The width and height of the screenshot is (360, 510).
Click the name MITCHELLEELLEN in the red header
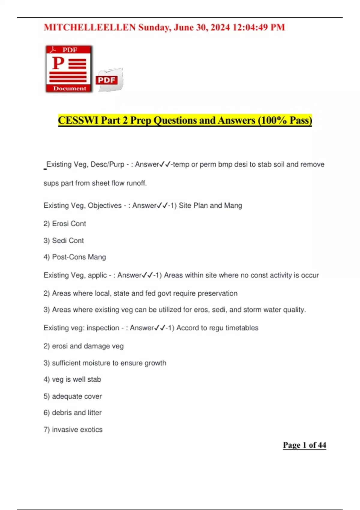pos(90,28)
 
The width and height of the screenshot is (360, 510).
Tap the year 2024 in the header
pos(220,28)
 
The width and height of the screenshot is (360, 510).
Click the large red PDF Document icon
pos(69,69)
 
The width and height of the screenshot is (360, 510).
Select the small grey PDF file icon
pos(109,79)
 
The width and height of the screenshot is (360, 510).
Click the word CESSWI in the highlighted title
pos(78,120)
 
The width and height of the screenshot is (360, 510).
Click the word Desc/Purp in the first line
pos(107,164)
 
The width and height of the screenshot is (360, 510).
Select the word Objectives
pos(105,205)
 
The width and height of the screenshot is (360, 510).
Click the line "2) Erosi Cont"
pos(65,224)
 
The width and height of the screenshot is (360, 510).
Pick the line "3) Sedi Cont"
pos(64,241)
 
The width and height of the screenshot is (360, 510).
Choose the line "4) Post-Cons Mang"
pos(75,257)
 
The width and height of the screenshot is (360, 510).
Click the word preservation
pos(217,293)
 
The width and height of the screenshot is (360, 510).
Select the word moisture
pos(96,363)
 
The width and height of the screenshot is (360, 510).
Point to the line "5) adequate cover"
pos(73,396)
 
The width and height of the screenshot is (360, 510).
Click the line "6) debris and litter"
pos(73,413)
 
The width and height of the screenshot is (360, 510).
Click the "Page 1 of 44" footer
pos(304,445)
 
